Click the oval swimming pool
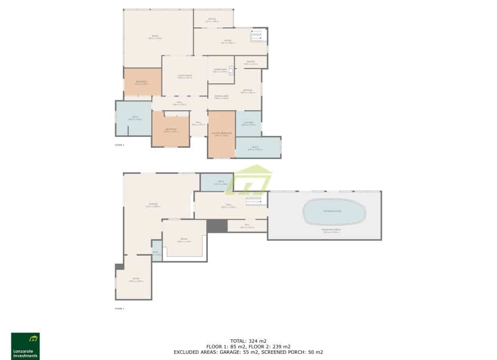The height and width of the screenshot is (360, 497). [334, 212]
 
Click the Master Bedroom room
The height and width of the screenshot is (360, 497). [221, 134]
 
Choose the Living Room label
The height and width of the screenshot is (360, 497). [185, 76]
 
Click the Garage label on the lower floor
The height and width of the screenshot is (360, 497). [153, 205]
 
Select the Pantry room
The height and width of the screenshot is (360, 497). [250, 62]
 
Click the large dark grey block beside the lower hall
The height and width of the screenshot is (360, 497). [216, 226]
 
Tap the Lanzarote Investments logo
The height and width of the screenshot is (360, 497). [25, 346]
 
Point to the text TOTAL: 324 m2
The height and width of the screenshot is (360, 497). [248, 340]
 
